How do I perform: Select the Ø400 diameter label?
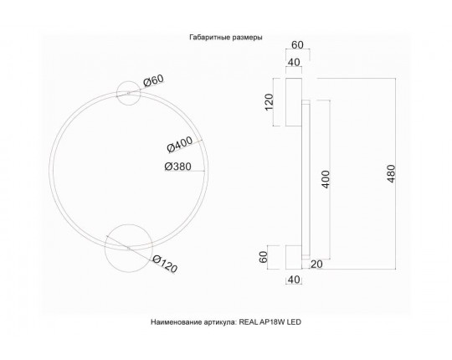[180, 144]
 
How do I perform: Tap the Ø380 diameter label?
[177, 167]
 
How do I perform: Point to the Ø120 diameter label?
[165, 264]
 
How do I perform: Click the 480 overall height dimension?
[391, 174]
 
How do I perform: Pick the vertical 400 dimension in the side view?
[326, 179]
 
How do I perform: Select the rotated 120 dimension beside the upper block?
[269, 102]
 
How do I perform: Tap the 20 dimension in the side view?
[316, 264]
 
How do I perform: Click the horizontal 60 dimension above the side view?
[297, 45]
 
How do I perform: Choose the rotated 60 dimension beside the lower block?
[263, 257]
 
